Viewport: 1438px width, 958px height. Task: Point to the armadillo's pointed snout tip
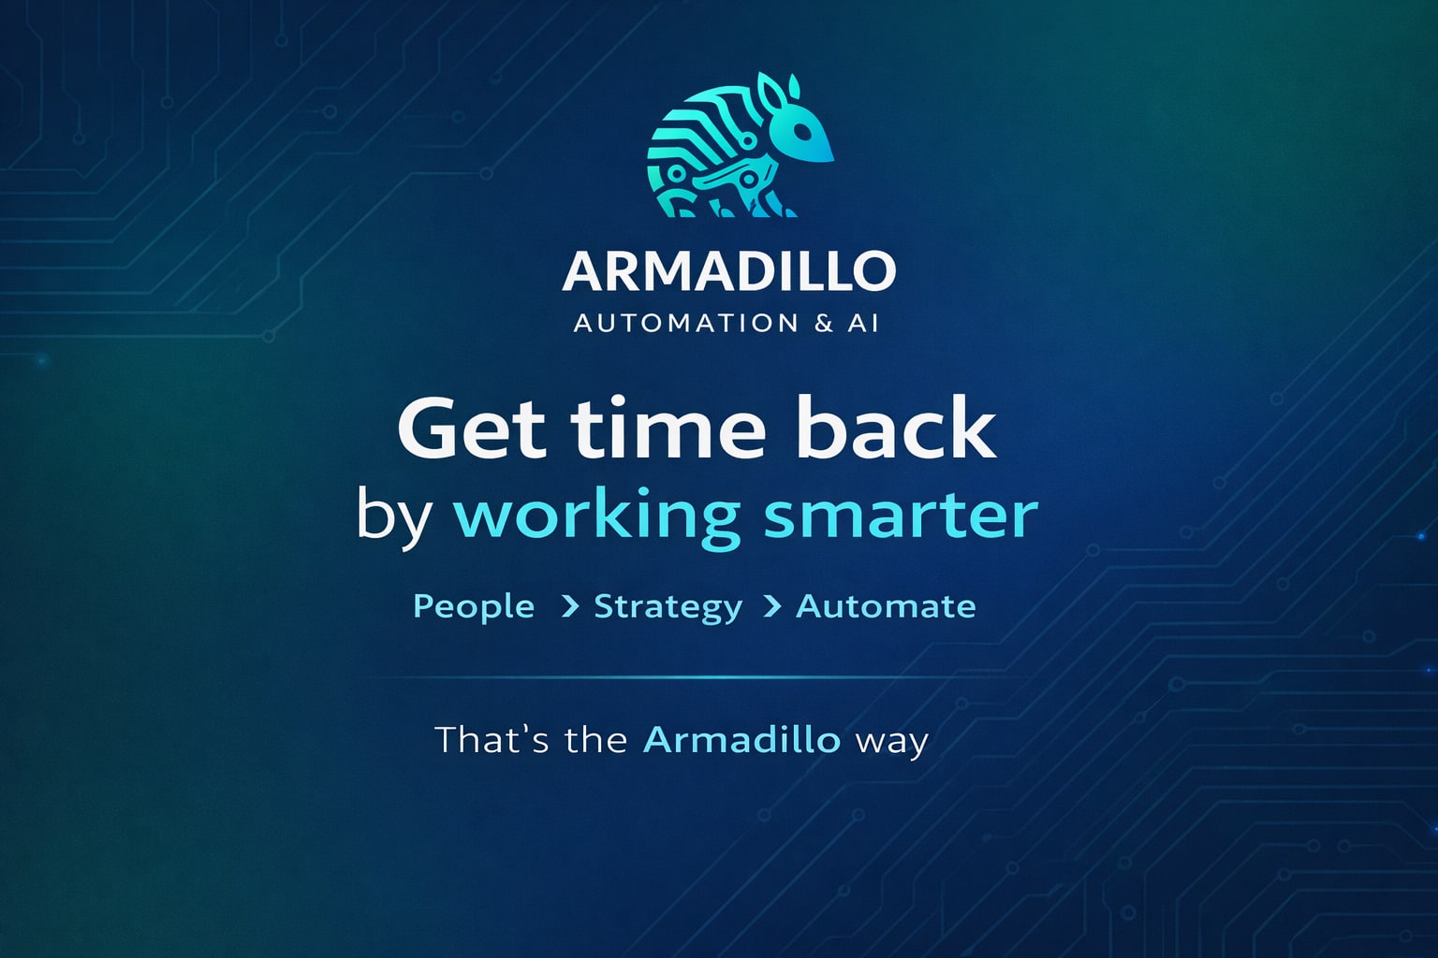[x=831, y=157]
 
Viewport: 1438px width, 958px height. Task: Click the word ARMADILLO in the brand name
[x=729, y=271]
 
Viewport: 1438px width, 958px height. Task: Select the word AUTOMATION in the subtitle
[x=686, y=324]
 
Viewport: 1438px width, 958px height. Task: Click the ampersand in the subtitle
[x=824, y=324]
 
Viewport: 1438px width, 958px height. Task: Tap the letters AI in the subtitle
[x=863, y=324]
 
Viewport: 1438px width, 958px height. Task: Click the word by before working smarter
[x=394, y=516]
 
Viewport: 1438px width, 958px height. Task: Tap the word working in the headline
[x=597, y=516]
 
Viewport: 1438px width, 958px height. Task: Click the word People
[x=474, y=607]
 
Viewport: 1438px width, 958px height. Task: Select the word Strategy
[x=668, y=607]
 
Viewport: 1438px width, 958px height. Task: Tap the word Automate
[x=886, y=606]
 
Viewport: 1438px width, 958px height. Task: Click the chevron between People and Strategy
[x=569, y=607]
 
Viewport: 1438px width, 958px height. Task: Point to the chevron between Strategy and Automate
[x=772, y=607]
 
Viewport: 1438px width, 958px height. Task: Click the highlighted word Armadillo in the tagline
[x=741, y=740]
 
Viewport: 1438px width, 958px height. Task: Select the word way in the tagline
[x=891, y=742]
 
